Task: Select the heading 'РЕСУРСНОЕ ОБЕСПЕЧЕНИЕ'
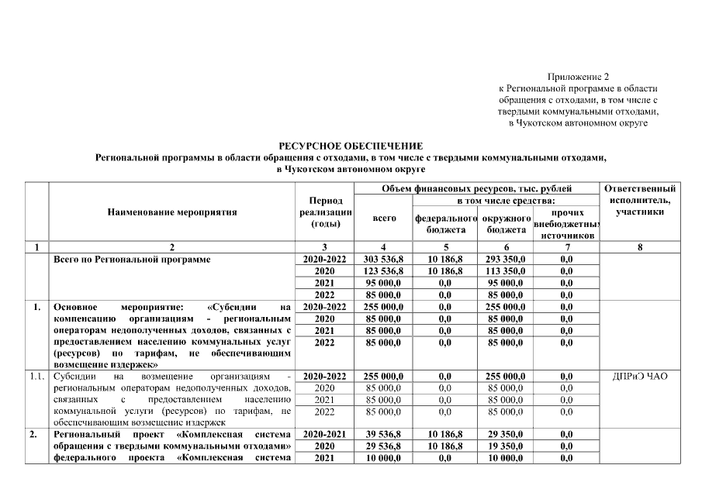pos(351,146)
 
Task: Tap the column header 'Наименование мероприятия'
pos(171,212)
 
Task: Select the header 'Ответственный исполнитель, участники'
pos(640,200)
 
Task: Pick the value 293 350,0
pos(506,260)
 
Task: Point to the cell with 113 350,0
pos(506,271)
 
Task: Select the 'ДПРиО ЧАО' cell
pos(640,377)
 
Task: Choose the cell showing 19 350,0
pos(506,446)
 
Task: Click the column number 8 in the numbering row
pos(640,247)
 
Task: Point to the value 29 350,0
pos(506,435)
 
